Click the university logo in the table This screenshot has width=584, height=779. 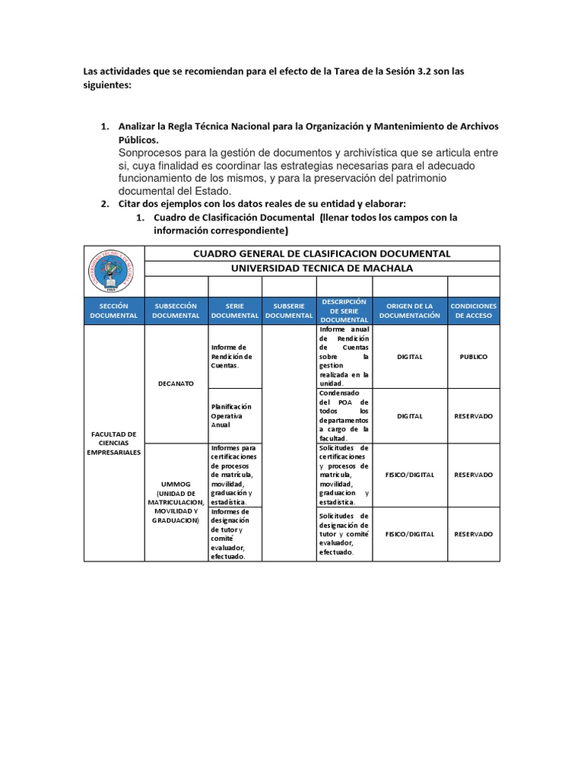(113, 272)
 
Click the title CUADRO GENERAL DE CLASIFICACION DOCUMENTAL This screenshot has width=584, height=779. (322, 253)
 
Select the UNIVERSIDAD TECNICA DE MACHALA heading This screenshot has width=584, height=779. (322, 269)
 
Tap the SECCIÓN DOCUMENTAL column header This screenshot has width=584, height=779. (113, 310)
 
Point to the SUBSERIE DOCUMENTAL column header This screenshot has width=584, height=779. (289, 310)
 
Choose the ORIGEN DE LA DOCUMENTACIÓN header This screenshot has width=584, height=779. (409, 310)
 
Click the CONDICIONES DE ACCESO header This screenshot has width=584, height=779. (473, 310)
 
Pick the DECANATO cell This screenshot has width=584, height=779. (176, 384)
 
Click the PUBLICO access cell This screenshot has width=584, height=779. (473, 356)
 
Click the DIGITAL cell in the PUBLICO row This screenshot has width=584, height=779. (409, 356)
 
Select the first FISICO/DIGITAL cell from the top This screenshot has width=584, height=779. (409, 475)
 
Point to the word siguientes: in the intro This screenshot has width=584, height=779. (107, 86)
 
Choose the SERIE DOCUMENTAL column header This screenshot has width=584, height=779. (235, 310)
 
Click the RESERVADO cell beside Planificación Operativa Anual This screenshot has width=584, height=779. (473, 416)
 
